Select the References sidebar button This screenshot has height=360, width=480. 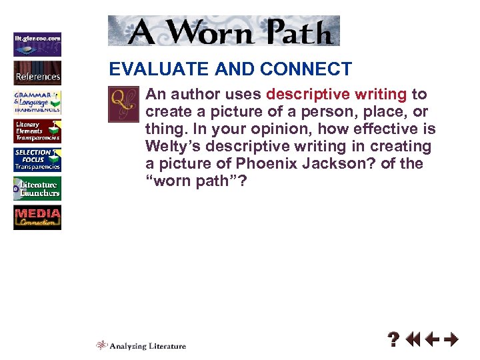[37, 73]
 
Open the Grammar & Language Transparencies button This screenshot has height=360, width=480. [37, 101]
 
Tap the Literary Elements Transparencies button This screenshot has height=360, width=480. [37, 131]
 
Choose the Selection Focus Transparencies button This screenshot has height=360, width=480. [37, 160]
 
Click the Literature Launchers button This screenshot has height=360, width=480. [37, 189]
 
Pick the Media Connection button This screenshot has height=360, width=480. [37, 218]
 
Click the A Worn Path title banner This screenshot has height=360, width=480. [223, 31]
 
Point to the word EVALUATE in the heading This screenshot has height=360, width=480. [146, 69]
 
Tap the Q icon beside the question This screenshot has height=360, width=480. [123, 103]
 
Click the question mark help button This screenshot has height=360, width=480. [395, 341]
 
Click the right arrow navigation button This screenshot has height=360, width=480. [451, 341]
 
